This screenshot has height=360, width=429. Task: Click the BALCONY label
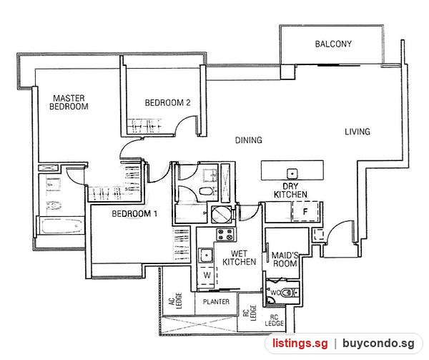click(333, 44)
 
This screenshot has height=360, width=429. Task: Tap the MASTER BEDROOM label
click(69, 102)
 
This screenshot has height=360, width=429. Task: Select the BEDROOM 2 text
click(167, 102)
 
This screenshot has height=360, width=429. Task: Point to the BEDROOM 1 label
click(134, 213)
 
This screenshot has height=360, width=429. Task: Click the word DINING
click(249, 140)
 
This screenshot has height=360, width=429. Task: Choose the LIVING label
click(357, 132)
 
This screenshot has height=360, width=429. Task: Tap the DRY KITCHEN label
click(290, 190)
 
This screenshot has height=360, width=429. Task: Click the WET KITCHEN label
click(239, 258)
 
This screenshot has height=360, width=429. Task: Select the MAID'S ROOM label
click(285, 260)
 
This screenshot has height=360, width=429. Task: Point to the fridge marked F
click(305, 211)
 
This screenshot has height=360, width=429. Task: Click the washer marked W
click(207, 276)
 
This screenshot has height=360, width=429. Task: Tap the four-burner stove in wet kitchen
click(226, 235)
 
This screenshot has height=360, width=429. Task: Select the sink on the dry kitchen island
click(292, 174)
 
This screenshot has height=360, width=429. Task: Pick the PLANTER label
click(216, 302)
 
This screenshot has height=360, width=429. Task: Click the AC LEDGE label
click(175, 301)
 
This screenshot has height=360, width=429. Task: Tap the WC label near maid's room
click(275, 293)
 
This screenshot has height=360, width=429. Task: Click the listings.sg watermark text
click(300, 344)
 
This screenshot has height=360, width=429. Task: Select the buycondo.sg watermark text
click(378, 344)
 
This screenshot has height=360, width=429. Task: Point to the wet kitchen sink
click(206, 255)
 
